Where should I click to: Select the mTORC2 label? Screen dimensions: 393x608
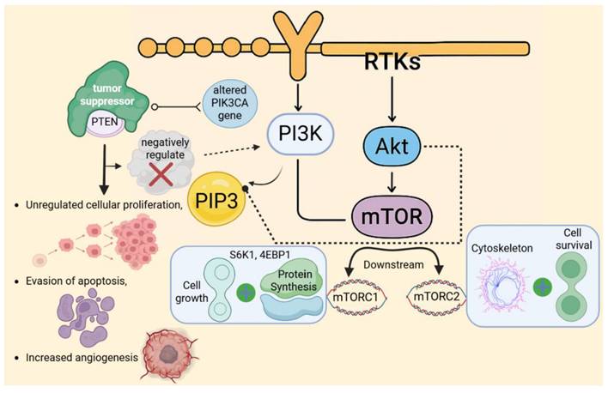click(437, 299)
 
